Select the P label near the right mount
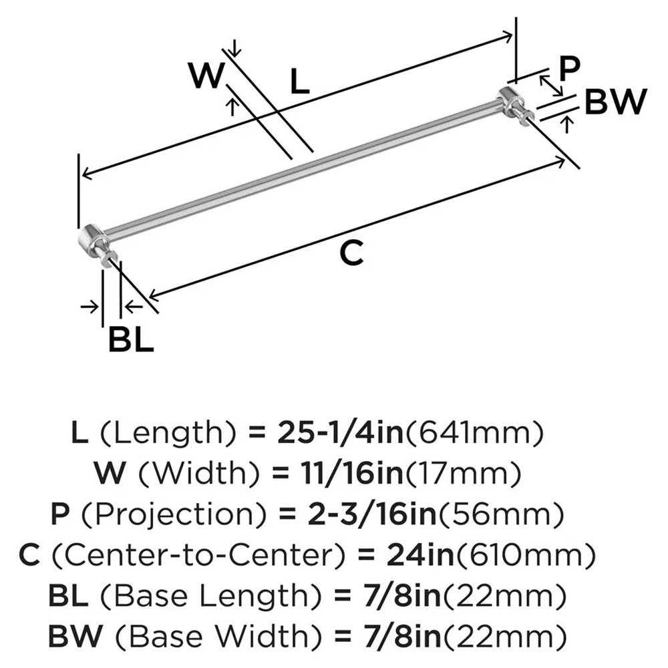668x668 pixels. coord(569,67)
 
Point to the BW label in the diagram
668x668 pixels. coord(616,103)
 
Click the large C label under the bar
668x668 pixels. coord(351,253)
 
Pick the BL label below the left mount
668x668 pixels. coord(131,341)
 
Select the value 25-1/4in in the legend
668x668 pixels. coord(337,435)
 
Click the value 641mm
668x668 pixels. coord(481,435)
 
